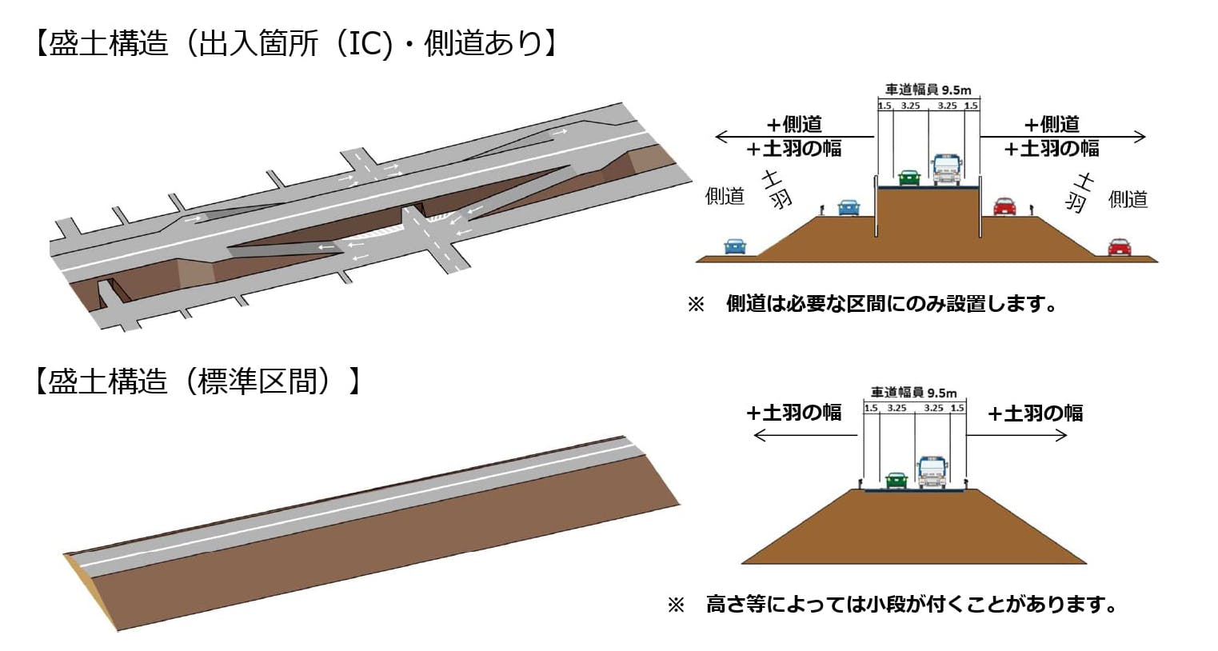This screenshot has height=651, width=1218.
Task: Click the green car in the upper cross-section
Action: [909, 178]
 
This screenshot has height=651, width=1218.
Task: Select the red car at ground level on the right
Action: [1120, 247]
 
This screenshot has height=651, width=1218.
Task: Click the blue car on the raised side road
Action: [849, 207]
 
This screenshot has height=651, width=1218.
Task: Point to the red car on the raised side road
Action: [1004, 206]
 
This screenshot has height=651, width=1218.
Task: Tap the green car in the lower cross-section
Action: [896, 480]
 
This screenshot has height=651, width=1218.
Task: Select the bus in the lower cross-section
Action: [932, 472]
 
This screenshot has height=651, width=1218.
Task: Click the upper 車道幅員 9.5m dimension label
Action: [928, 90]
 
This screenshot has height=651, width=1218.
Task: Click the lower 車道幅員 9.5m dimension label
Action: [913, 393]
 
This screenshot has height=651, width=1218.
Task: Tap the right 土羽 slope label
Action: [1080, 192]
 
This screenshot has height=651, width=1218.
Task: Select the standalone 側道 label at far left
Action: [725, 196]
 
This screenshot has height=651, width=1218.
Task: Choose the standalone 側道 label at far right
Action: [1128, 198]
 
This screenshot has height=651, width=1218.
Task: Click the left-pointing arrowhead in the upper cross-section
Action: [720, 137]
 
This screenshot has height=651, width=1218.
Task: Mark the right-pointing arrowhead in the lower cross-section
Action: [1062, 435]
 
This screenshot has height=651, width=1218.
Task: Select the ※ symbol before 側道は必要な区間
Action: [696, 305]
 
